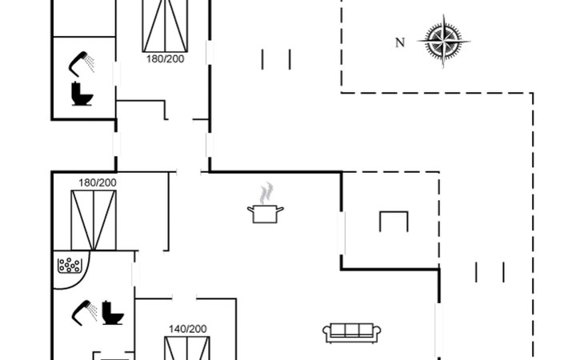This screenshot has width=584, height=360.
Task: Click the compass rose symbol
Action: (x=443, y=42)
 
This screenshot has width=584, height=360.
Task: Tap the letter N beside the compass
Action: (x=400, y=43)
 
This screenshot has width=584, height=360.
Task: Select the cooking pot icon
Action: (x=265, y=214)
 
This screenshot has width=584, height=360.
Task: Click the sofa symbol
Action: (x=352, y=332)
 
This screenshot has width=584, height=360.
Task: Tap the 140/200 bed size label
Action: (x=187, y=328)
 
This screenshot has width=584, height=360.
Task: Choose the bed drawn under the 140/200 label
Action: (x=187, y=349)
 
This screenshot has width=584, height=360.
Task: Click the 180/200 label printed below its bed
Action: (x=165, y=58)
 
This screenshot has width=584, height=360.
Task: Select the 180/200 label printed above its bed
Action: (x=98, y=182)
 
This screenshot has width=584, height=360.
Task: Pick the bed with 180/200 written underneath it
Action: (x=165, y=26)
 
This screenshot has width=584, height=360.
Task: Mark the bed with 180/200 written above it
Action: (x=94, y=220)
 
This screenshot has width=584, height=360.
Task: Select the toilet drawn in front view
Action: (x=82, y=94)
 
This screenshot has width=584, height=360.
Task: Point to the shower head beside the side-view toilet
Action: (x=82, y=311)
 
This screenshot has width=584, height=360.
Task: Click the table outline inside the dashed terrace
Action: (x=394, y=221)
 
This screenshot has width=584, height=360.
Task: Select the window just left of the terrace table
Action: (x=342, y=233)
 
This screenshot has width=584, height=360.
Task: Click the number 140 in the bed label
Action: (x=178, y=328)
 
